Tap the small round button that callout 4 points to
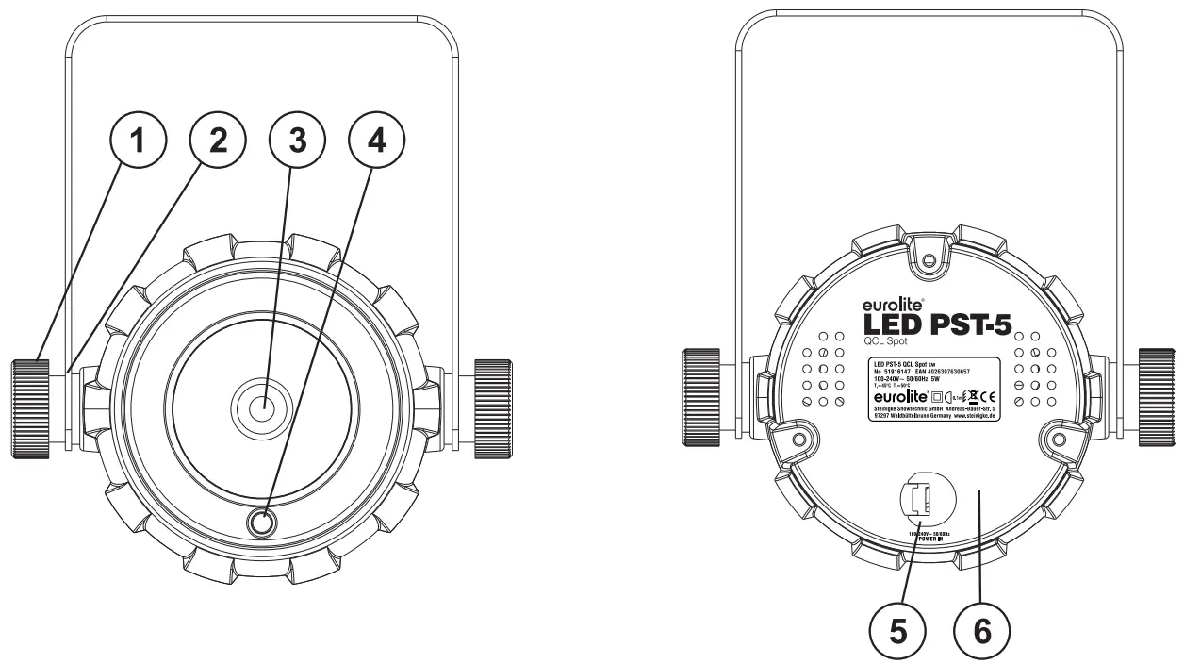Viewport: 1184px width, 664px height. [263, 523]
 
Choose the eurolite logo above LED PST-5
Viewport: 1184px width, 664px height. [890, 306]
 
